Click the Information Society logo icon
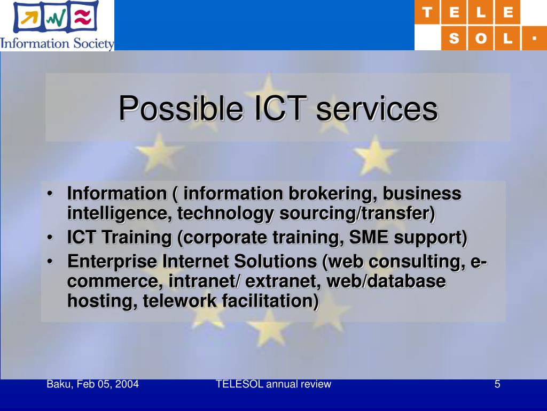pyautogui.click(x=56, y=18)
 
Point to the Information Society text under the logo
pyautogui.click(x=57, y=42)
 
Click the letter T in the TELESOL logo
pyautogui.click(x=428, y=13)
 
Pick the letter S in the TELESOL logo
pyautogui.click(x=454, y=39)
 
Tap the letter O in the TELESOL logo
pyautogui.click(x=481, y=39)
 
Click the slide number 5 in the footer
pyautogui.click(x=497, y=384)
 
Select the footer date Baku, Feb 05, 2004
pyautogui.click(x=93, y=384)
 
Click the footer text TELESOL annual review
pyautogui.click(x=273, y=384)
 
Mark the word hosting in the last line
pyautogui.click(x=102, y=301)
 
